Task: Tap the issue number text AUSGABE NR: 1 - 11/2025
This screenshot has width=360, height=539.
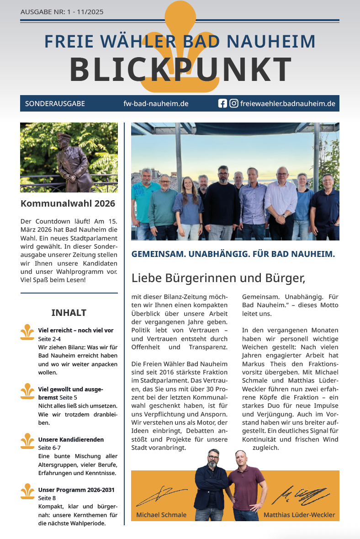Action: coord(62,12)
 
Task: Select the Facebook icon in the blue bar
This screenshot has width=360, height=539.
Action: coord(222,103)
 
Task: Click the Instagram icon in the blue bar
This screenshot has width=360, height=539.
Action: coord(233,103)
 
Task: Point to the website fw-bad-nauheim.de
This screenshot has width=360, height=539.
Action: coord(156,104)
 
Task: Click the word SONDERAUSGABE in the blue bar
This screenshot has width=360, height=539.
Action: coord(55,104)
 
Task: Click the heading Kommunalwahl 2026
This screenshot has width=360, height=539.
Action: coord(68,203)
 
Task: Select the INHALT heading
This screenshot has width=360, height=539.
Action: coord(69,313)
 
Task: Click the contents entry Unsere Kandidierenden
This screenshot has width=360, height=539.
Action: coord(71,439)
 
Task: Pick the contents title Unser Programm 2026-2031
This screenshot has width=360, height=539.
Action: coord(76,490)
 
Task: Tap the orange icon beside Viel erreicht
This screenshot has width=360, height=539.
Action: coord(27,332)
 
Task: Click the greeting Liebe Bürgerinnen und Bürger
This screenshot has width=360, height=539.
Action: coord(218,278)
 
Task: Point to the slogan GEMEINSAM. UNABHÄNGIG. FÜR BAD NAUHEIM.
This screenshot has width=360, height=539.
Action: coord(233,254)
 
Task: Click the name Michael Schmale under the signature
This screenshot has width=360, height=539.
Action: coord(161,515)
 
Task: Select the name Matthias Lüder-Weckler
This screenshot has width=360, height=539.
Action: coord(299,515)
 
